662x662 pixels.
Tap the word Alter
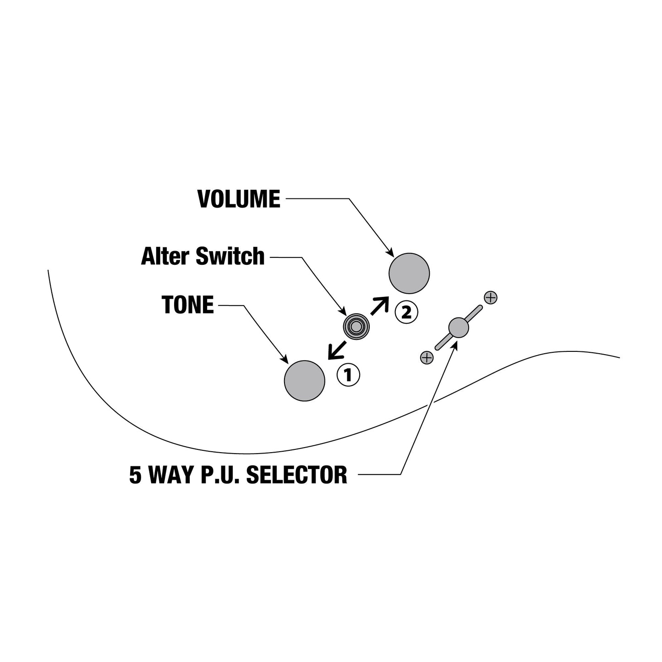point(165,256)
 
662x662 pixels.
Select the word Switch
point(230,256)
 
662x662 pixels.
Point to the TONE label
point(187,305)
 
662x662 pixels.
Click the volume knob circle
point(409,274)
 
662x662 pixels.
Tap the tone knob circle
point(304,381)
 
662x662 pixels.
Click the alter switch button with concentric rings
point(356,327)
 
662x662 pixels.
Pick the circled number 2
point(406,312)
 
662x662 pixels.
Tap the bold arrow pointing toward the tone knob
point(336,350)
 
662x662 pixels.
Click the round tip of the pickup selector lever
point(459,328)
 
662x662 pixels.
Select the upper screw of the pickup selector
point(491,297)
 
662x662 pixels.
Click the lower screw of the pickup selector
point(427,358)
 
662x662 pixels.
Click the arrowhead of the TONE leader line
point(285,359)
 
